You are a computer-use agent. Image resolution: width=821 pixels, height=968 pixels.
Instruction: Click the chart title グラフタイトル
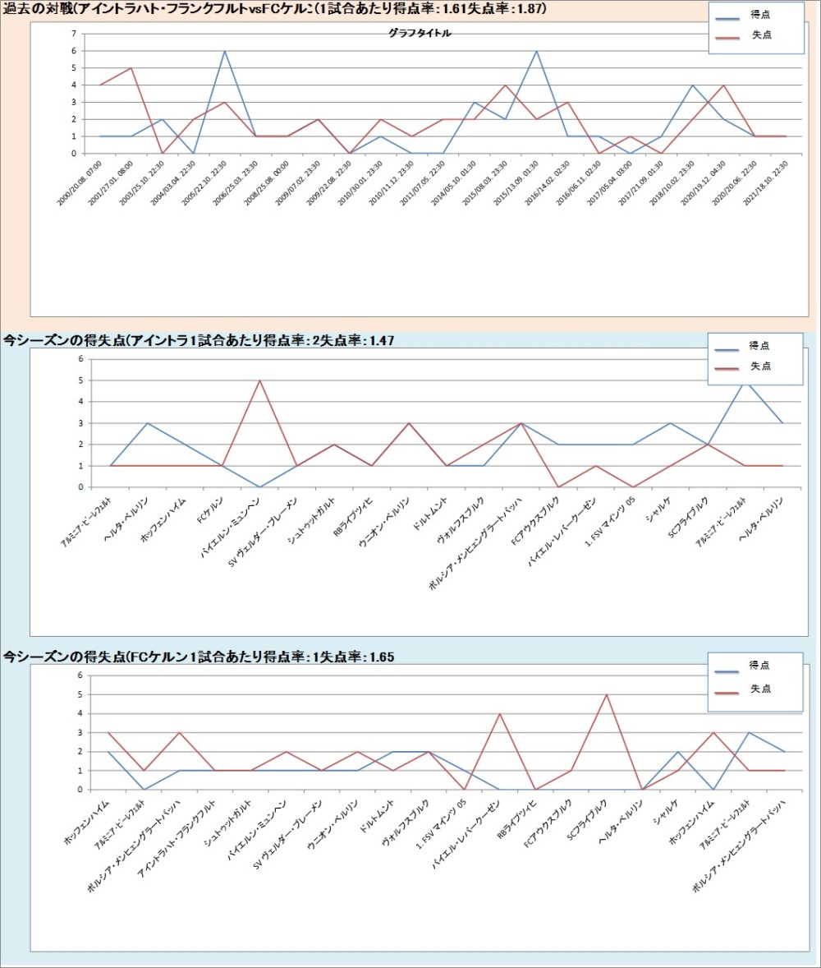coord(420,34)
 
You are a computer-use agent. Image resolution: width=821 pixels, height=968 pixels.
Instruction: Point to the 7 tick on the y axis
coord(74,34)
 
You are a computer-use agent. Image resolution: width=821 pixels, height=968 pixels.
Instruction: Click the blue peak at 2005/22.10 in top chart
coord(224,51)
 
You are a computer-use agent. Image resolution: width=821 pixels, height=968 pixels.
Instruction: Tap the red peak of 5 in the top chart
coord(131,68)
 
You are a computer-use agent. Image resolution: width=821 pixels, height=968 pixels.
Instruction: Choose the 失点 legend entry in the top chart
coord(761,35)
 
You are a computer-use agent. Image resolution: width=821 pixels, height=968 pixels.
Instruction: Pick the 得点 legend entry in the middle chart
coord(759,347)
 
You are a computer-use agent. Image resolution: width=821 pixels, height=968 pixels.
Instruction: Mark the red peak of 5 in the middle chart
coord(260,380)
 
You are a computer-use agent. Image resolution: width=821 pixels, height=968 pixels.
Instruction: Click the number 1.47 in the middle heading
coord(381,339)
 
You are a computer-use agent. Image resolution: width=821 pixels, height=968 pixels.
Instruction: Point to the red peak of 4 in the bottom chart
coord(500,713)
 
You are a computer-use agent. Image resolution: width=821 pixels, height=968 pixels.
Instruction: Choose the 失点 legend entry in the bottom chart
coord(759,689)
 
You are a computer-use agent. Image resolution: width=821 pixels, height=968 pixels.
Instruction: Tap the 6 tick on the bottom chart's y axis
coord(80,675)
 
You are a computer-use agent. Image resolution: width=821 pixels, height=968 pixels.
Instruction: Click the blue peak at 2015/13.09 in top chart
coord(536,51)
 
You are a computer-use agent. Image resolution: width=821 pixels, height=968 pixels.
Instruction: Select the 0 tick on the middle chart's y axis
coord(80,487)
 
